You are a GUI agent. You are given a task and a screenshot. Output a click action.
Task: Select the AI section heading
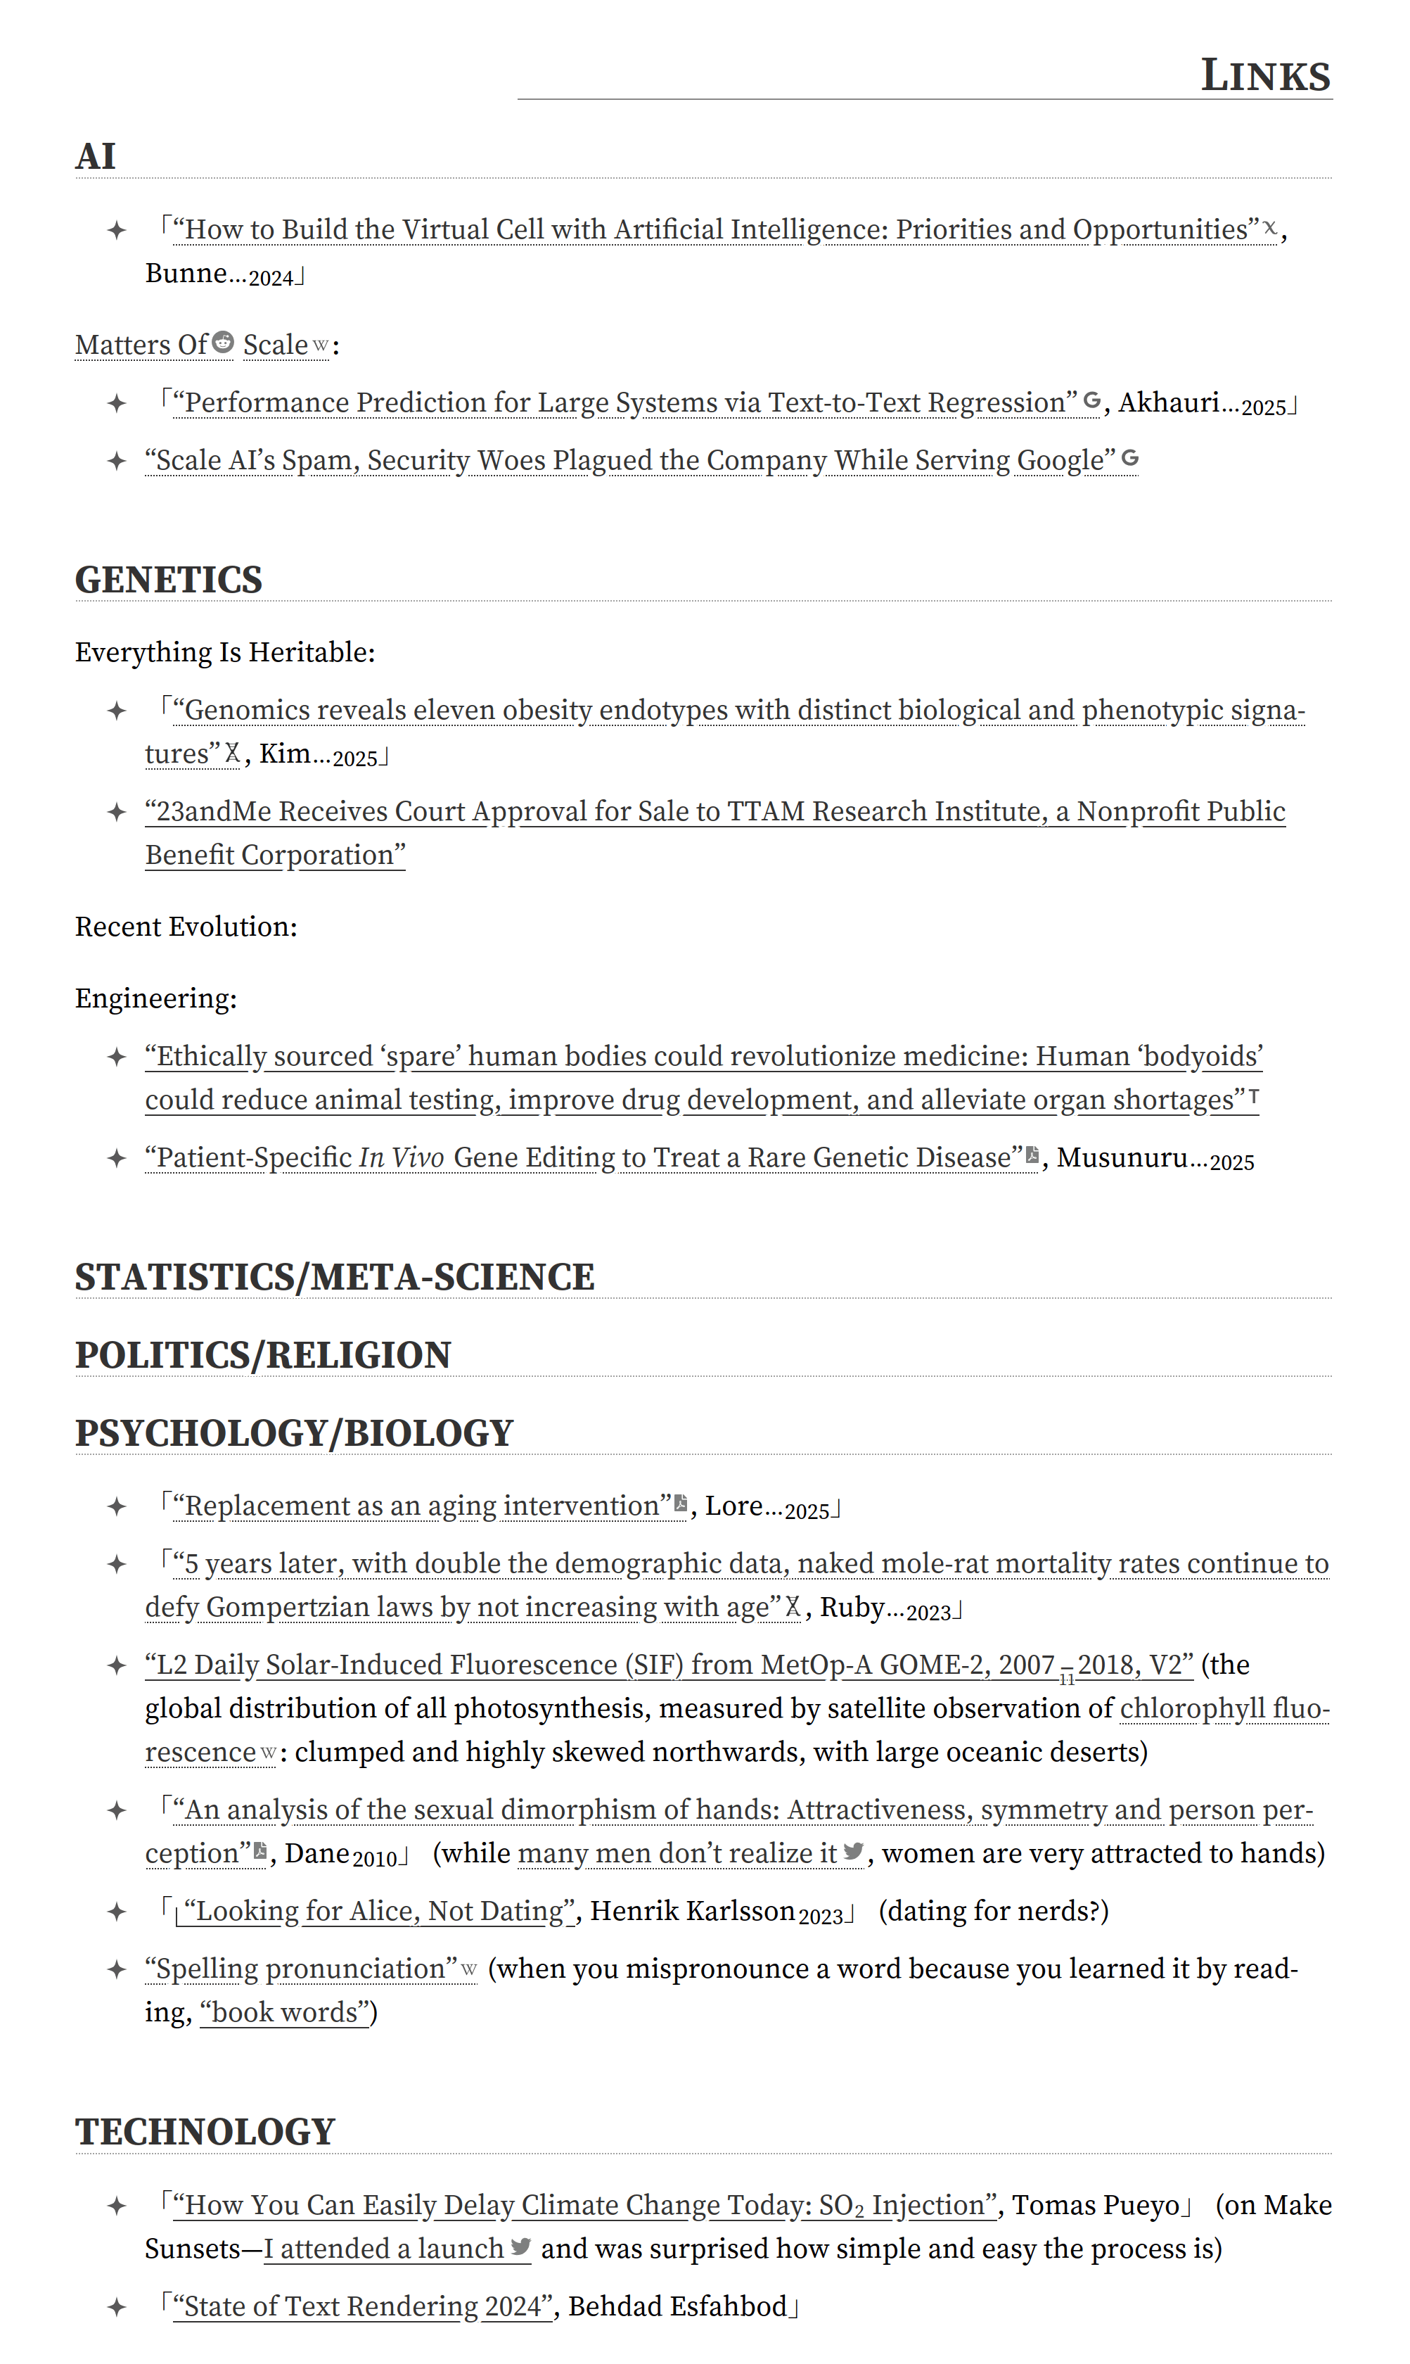(96, 157)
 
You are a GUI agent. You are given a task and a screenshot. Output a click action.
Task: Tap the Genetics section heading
(168, 580)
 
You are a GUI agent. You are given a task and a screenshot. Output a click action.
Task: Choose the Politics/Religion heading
(263, 1356)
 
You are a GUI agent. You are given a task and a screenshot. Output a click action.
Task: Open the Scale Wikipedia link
(276, 345)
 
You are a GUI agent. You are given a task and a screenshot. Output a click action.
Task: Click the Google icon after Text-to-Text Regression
(1093, 401)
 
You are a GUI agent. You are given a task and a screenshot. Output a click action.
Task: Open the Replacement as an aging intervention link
(422, 1506)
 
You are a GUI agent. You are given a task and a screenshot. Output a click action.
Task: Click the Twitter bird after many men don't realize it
(853, 1850)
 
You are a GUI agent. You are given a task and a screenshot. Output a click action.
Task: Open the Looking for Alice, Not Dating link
(379, 1912)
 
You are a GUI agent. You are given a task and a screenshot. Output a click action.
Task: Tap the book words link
(284, 2012)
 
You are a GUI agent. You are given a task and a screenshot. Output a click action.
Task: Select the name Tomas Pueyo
(1096, 2205)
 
